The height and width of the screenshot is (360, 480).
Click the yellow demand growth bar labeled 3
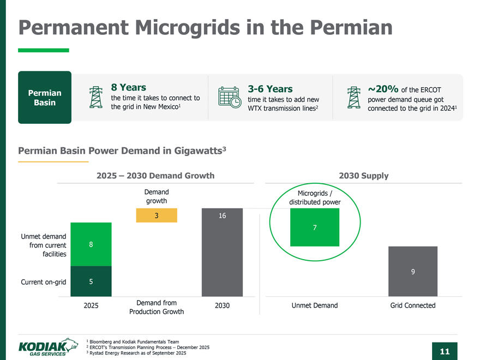coord(157,215)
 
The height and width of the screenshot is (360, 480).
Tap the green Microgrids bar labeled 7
coord(315,227)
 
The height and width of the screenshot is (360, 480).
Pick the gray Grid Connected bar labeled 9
coord(413,272)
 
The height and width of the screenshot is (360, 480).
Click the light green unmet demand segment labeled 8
coord(91,244)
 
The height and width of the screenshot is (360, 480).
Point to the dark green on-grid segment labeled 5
coord(91,281)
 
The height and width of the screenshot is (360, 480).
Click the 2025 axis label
coord(91,305)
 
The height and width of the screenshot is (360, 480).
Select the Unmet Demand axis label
coord(315,305)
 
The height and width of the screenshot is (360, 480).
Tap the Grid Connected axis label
coord(413,305)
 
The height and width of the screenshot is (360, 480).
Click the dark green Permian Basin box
coord(45,97)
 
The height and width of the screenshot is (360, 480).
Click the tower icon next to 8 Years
coord(96,97)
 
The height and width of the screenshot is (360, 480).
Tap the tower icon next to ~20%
coord(355,98)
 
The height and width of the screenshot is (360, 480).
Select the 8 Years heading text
coord(128,87)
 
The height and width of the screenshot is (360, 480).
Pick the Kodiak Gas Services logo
coord(45,346)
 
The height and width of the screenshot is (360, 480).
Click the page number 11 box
coord(444,351)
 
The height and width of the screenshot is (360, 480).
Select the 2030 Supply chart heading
coord(363,176)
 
